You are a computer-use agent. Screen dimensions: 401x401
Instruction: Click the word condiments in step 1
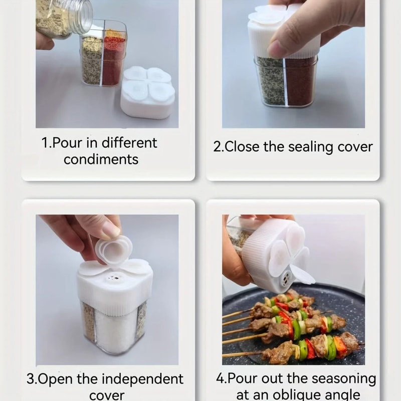pyautogui.click(x=101, y=160)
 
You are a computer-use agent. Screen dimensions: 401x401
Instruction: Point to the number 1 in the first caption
pyautogui.click(x=45, y=143)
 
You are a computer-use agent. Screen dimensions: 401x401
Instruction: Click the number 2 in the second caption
pyautogui.click(x=217, y=147)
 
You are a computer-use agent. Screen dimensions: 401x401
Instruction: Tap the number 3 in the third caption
pyautogui.click(x=31, y=378)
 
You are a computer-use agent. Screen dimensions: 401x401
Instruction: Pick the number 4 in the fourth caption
pyautogui.click(x=220, y=378)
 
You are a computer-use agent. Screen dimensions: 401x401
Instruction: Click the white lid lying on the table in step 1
pyautogui.click(x=147, y=93)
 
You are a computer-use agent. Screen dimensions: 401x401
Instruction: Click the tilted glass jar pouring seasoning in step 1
pyautogui.click(x=63, y=18)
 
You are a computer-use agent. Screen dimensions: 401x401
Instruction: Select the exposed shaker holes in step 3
pyautogui.click(x=114, y=277)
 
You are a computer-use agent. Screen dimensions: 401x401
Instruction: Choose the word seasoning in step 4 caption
pyautogui.click(x=341, y=378)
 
